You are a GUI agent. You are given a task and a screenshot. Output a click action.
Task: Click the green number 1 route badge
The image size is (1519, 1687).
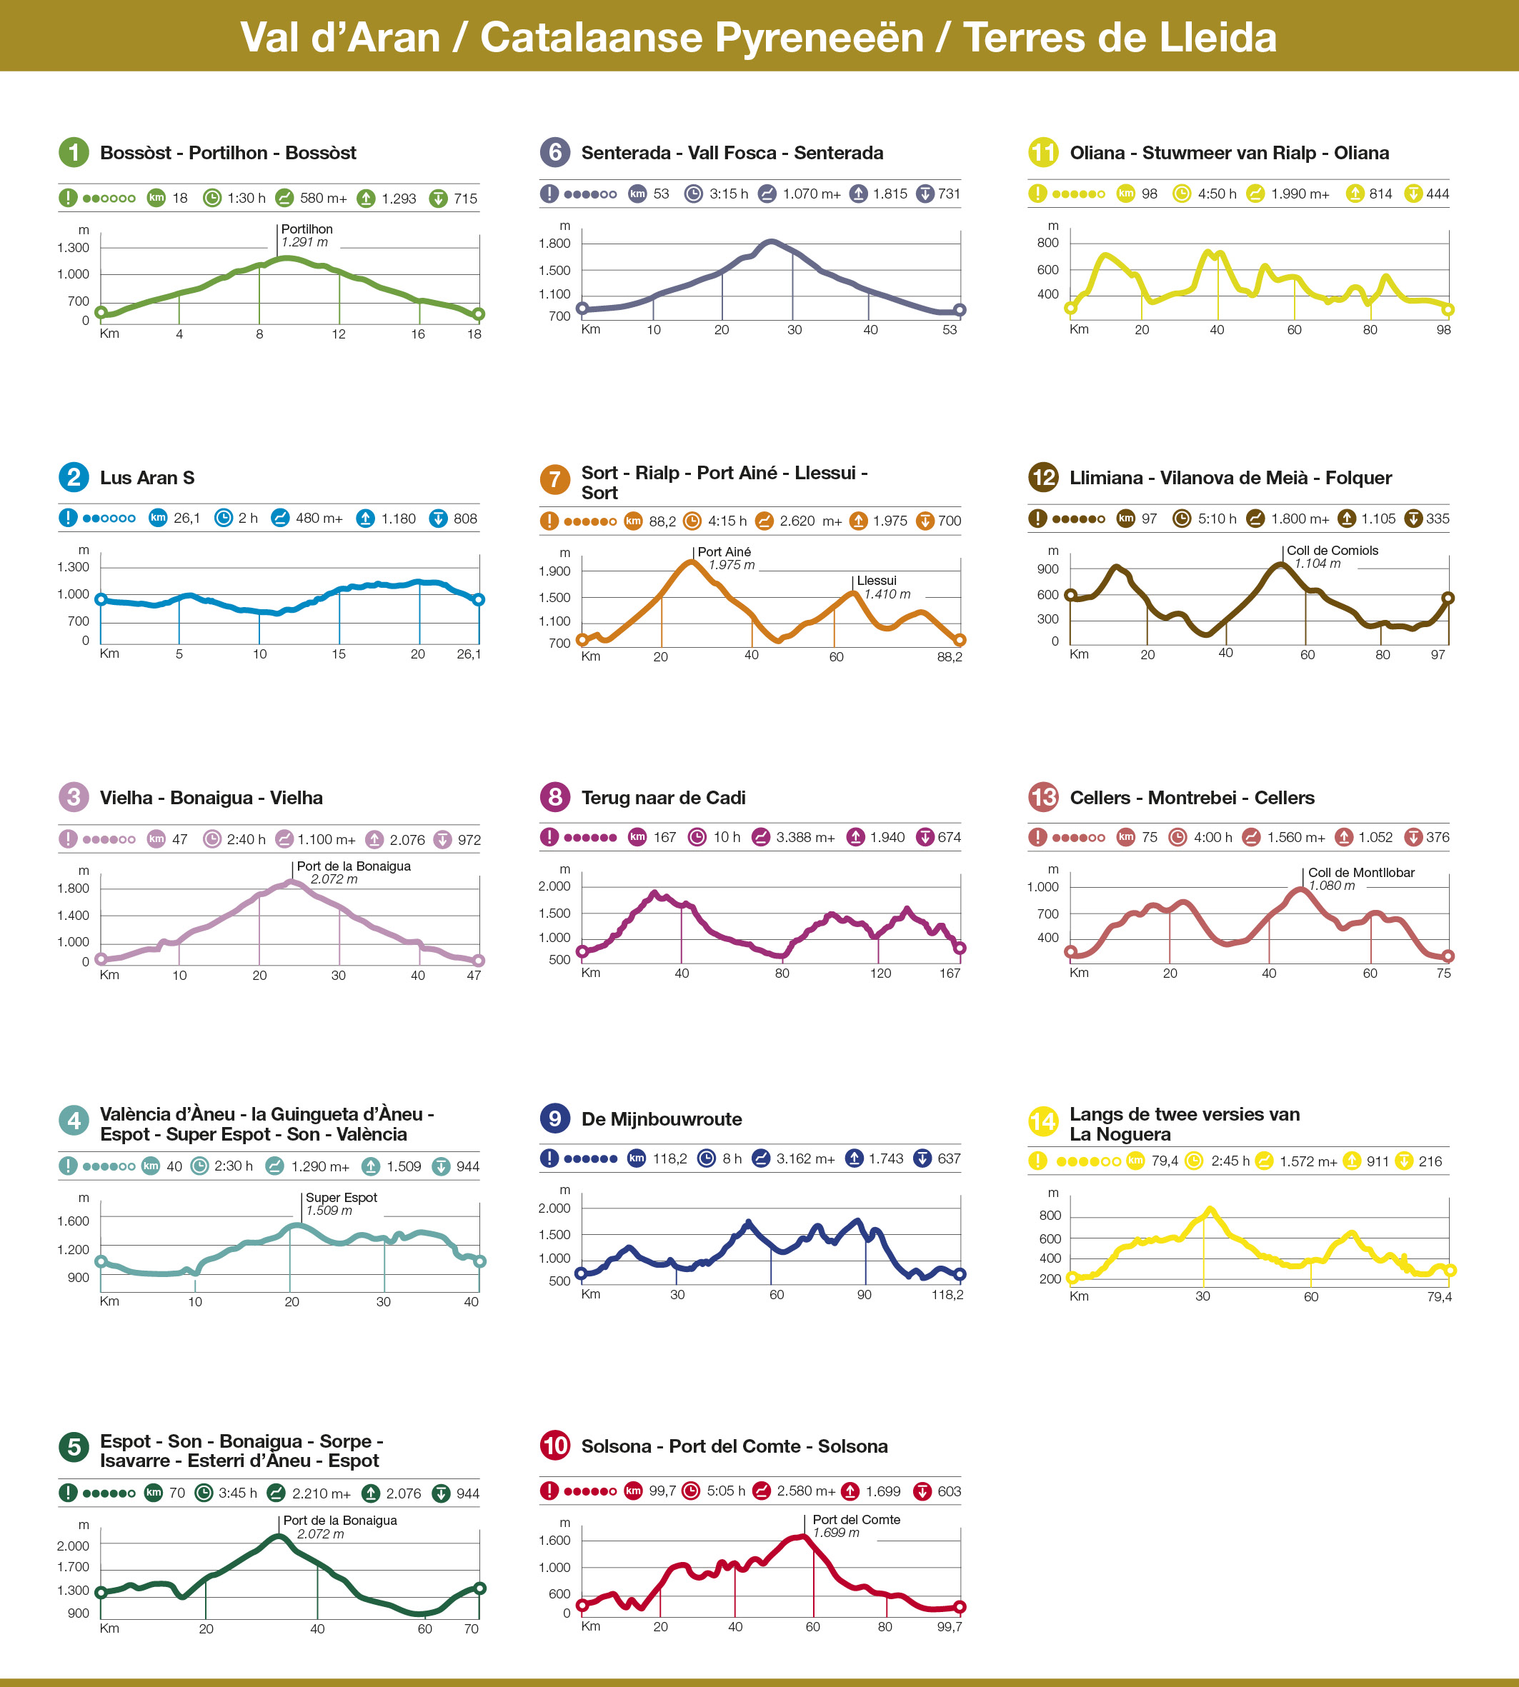point(74,152)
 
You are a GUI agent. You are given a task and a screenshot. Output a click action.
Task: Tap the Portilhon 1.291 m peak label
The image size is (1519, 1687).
point(307,235)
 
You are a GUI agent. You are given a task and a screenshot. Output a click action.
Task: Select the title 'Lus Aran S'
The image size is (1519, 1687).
point(147,478)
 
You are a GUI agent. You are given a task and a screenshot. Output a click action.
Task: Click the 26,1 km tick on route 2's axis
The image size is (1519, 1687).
point(468,654)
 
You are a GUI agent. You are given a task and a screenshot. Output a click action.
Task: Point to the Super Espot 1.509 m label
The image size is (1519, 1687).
point(341,1204)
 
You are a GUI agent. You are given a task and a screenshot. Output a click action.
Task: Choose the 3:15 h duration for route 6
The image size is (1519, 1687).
point(728,194)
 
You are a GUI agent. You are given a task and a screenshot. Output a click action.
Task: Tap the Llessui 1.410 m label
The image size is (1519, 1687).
point(883,587)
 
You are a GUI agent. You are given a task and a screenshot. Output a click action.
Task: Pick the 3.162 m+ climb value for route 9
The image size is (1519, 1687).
point(805,1158)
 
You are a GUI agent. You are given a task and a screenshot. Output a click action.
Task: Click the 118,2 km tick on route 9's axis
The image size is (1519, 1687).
point(947,1295)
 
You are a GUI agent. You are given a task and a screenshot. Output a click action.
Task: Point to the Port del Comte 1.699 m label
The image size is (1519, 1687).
point(855,1526)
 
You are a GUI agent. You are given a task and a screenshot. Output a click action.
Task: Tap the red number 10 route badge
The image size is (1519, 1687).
point(555,1445)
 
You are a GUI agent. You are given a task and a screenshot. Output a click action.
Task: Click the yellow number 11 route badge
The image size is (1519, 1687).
point(1043,152)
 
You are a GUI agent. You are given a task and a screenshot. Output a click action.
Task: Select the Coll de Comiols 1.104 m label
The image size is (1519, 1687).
point(1330,556)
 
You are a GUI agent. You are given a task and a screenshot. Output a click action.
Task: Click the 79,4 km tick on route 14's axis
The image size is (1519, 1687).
point(1439,1296)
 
